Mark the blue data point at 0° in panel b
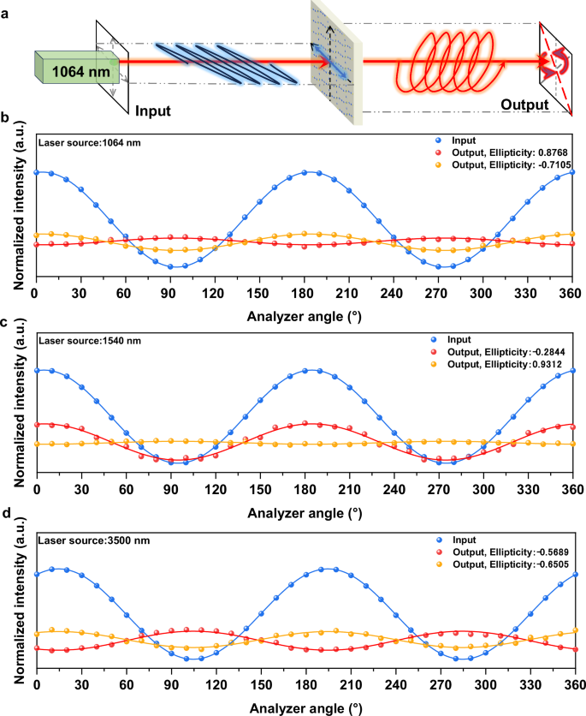coord(36,172)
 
